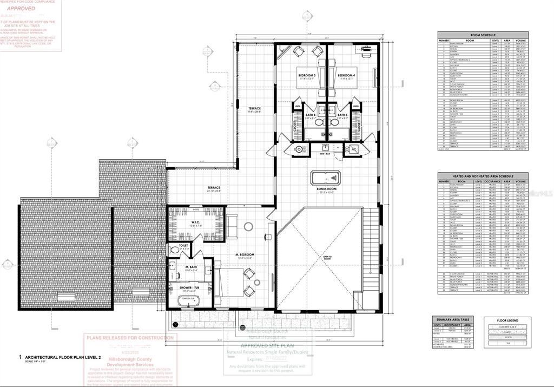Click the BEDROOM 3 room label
[306, 75]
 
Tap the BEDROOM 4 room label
[346, 75]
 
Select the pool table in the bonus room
[325, 177]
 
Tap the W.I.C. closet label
[196, 222]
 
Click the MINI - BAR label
[325, 155]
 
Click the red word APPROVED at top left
[21, 9]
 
